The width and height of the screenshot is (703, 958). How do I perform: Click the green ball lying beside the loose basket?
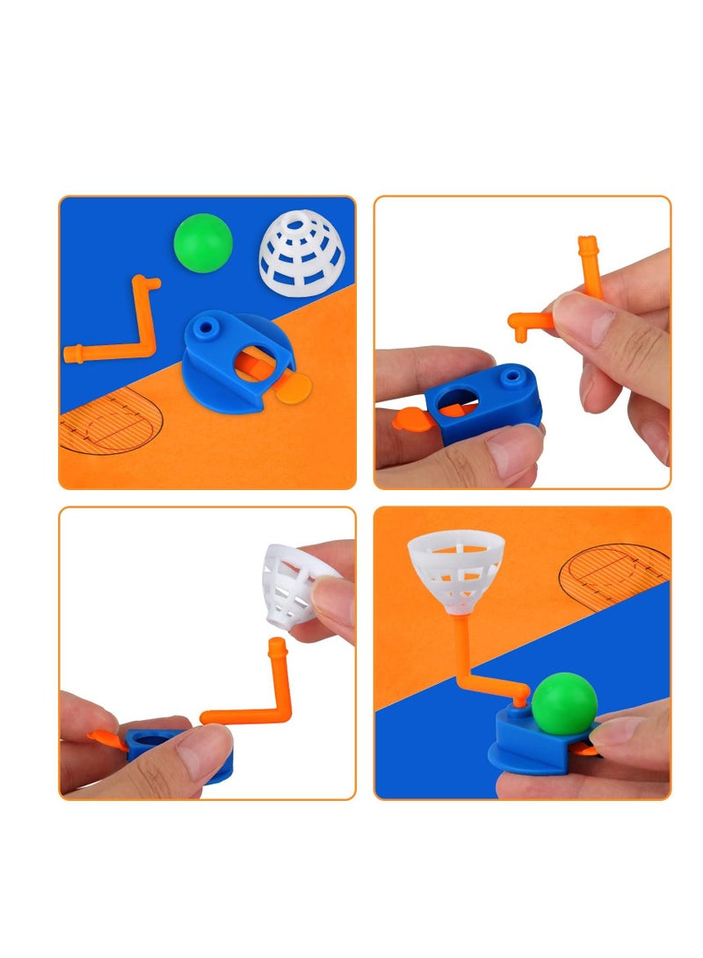(x=203, y=243)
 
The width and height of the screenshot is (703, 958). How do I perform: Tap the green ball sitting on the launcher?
(x=564, y=702)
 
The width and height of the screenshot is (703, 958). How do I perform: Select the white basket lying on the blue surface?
(x=301, y=252)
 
